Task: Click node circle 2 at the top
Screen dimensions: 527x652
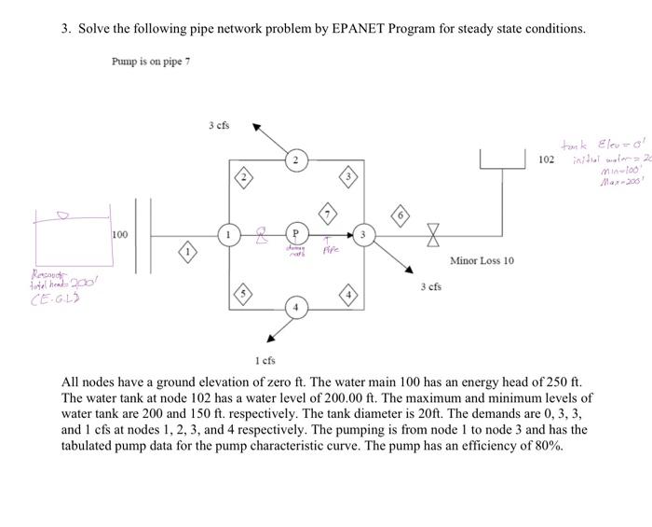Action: [x=294, y=160]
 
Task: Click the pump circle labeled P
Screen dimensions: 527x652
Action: [x=295, y=234]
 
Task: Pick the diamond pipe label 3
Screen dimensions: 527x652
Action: [x=348, y=177]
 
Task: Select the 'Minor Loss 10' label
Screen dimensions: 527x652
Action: [x=482, y=260]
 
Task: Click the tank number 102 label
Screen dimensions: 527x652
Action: [x=547, y=160]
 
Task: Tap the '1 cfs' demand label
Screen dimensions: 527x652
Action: [x=265, y=359]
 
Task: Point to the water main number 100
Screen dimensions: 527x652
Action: [x=119, y=234]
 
